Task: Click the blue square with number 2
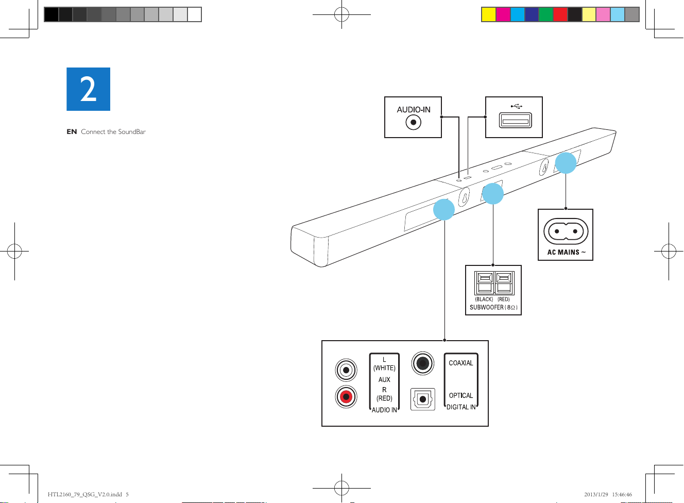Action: point(88,89)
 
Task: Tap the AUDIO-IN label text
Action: point(414,110)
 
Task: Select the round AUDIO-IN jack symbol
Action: point(414,123)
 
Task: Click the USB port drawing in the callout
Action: point(515,121)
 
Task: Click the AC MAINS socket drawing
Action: point(566,231)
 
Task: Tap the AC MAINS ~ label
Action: point(566,253)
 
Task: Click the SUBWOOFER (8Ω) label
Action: point(493,307)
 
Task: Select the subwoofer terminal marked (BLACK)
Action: point(485,283)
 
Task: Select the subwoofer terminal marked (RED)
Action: point(503,283)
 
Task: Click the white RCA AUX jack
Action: point(346,370)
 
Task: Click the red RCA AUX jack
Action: point(346,397)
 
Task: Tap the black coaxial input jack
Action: point(423,363)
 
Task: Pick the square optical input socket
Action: point(423,399)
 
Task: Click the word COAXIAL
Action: point(461,363)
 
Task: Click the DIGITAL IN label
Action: point(461,407)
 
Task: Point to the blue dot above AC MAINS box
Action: point(566,163)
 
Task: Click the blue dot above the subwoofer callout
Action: point(493,194)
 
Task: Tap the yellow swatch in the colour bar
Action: point(488,14)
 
